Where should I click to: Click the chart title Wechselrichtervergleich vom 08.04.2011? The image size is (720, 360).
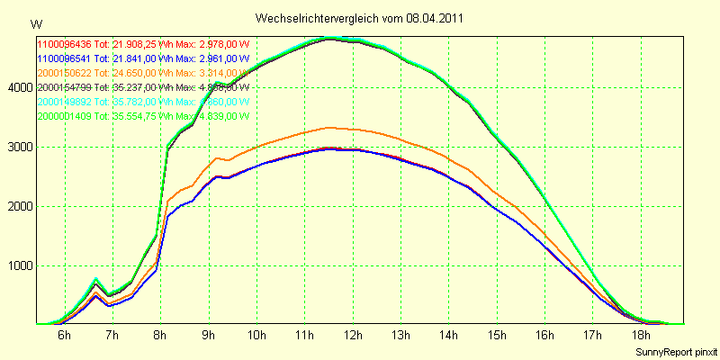pyautogui.click(x=360, y=18)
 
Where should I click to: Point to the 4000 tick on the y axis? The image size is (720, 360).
pyautogui.click(x=19, y=87)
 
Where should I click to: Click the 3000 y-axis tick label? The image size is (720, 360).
pyautogui.click(x=19, y=147)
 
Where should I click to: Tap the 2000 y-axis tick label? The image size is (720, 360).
pyautogui.click(x=19, y=206)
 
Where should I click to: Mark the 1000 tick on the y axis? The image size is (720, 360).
pyautogui.click(x=19, y=265)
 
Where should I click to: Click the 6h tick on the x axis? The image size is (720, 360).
pyautogui.click(x=64, y=335)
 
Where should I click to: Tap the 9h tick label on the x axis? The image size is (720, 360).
pyautogui.click(x=208, y=335)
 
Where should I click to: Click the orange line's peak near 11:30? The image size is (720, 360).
pyautogui.click(x=329, y=128)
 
